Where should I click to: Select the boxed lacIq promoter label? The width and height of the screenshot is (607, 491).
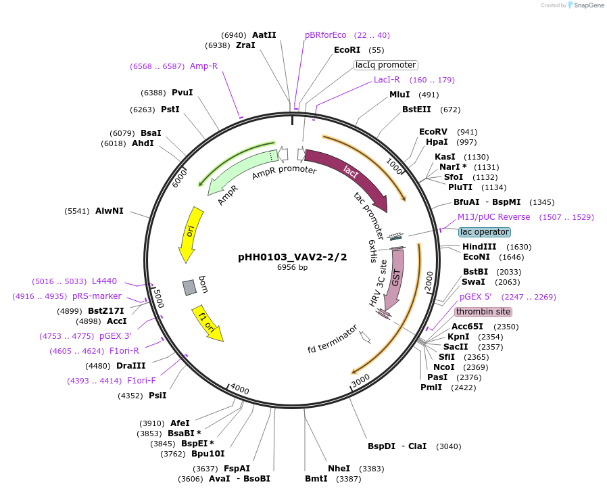pos(386,65)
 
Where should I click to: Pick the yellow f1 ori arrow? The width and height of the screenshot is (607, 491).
pos(207,324)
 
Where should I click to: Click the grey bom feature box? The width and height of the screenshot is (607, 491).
pos(190,287)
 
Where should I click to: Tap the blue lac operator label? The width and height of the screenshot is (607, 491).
pos(484,232)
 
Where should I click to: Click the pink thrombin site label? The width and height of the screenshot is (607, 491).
pos(483,312)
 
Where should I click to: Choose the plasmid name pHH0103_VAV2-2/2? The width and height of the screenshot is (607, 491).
pos(293,257)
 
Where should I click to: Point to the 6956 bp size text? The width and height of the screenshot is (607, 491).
pos(293,267)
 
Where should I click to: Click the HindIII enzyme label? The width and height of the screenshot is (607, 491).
pos(479,247)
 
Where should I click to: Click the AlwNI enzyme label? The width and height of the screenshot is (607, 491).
pos(110,211)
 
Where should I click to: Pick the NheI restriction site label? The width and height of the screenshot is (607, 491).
pos(339,468)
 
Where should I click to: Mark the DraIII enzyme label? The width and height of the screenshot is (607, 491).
pos(131,365)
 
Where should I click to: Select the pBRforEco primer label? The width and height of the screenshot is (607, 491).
pos(325,35)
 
